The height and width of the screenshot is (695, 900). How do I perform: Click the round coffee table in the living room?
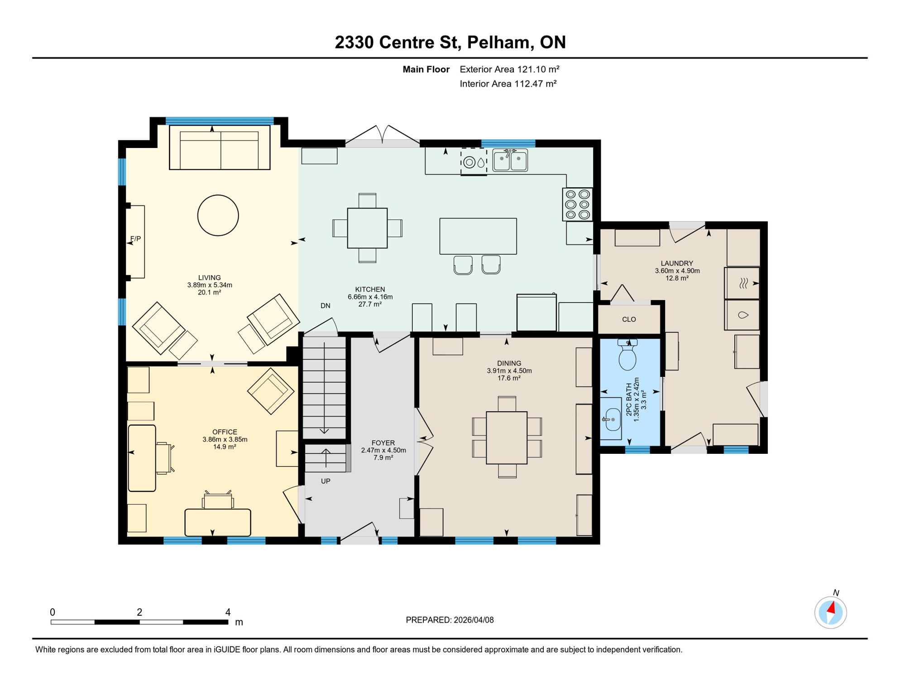(x=218, y=215)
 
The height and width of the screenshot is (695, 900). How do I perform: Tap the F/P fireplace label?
(x=135, y=238)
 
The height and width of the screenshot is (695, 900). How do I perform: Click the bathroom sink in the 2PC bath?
(x=612, y=419)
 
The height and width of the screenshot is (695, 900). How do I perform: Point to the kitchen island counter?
(x=478, y=236)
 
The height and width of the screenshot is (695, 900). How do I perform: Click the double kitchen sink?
(x=510, y=160)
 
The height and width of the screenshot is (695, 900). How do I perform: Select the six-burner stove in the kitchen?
(x=577, y=205)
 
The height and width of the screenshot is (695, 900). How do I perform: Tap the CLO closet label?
(x=629, y=319)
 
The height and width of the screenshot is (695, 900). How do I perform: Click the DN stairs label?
(x=325, y=306)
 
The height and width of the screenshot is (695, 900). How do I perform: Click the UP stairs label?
(x=326, y=481)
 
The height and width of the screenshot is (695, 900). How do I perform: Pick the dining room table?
(x=507, y=438)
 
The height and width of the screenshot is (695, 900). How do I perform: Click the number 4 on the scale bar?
(x=228, y=612)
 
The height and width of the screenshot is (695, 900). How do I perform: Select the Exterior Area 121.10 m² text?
(x=509, y=69)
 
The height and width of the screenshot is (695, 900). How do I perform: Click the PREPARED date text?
(x=450, y=620)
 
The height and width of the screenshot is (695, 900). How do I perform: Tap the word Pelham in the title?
(x=498, y=42)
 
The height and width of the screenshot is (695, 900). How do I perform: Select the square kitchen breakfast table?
(x=367, y=228)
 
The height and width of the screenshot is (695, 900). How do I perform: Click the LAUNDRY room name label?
(x=676, y=263)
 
